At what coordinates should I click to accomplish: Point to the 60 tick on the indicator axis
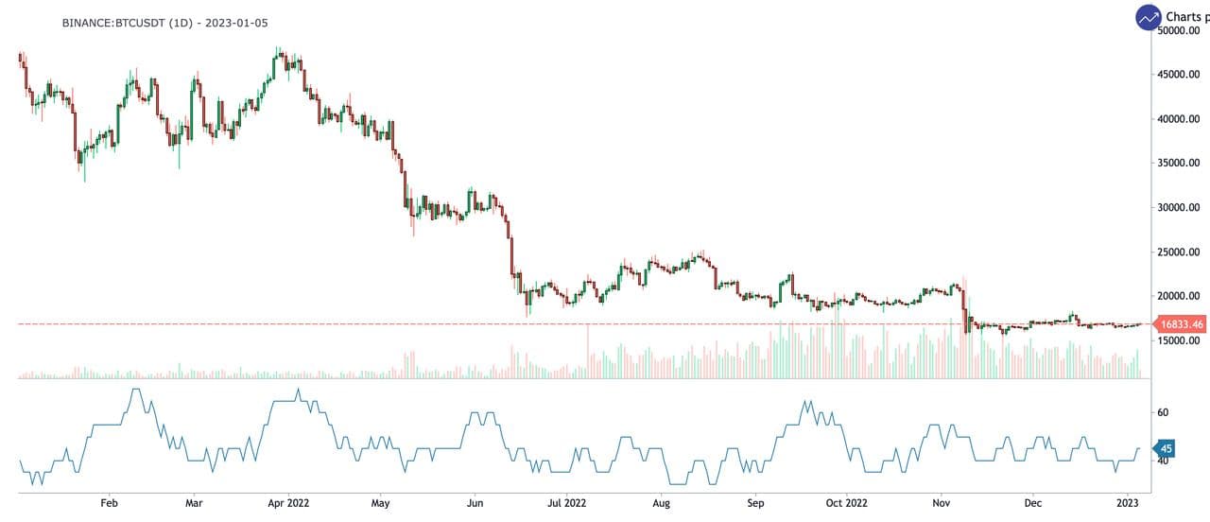(1164, 413)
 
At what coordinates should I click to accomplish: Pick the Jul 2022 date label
(567, 503)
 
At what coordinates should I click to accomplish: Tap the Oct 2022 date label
(845, 503)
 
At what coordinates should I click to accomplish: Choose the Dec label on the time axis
(1032, 503)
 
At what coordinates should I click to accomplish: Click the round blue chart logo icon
(1149, 16)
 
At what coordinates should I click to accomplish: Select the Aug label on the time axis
(662, 503)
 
